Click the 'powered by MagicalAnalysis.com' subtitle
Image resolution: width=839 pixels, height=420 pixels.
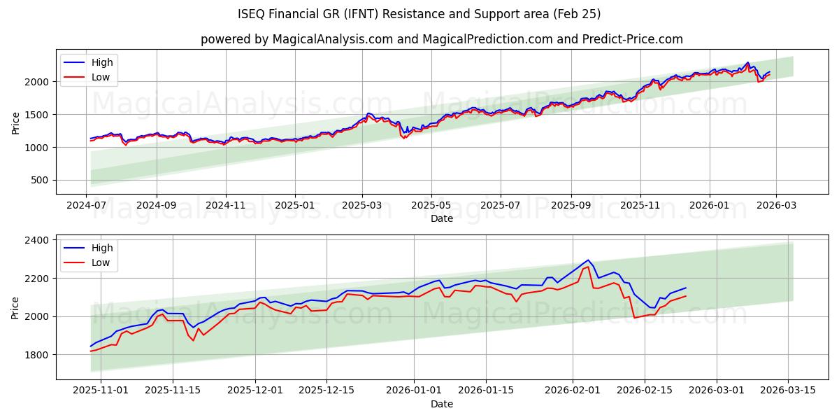(x=442, y=39)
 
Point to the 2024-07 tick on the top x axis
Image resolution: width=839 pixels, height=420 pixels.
(x=87, y=206)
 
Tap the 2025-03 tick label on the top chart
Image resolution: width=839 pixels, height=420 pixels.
(x=362, y=206)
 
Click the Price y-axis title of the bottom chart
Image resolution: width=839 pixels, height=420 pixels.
(x=16, y=307)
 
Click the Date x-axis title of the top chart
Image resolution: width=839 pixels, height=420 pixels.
(x=442, y=218)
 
